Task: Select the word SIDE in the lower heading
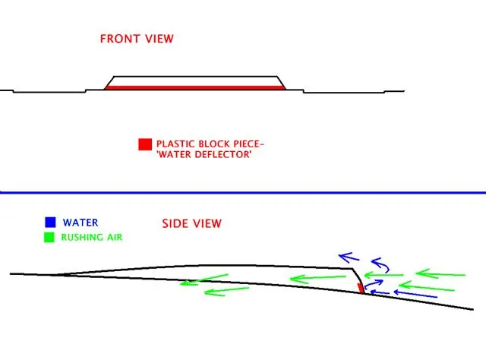click(x=175, y=223)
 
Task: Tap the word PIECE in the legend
click(x=246, y=144)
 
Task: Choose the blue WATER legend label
click(x=80, y=223)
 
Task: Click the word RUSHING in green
click(x=82, y=237)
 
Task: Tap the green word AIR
click(x=115, y=237)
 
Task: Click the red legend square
click(x=145, y=144)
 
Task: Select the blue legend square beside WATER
click(x=50, y=223)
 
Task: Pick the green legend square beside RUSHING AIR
click(x=49, y=237)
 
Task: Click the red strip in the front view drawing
click(x=194, y=88)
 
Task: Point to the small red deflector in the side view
click(x=361, y=288)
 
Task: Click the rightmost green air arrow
click(x=440, y=274)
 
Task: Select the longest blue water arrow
click(x=415, y=294)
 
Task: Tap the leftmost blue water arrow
click(x=349, y=257)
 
